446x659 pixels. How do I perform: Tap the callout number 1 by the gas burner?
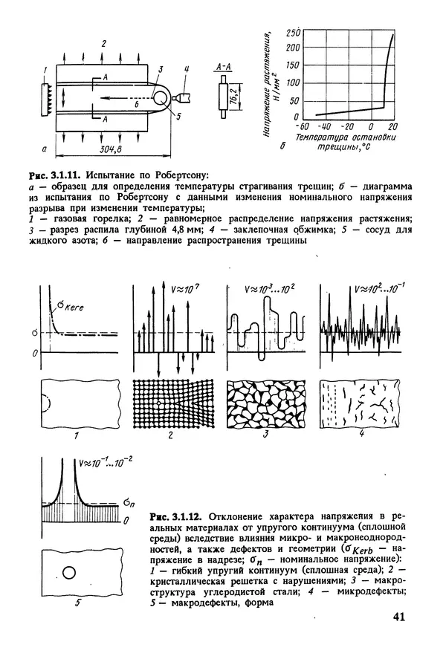(x=45, y=71)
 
